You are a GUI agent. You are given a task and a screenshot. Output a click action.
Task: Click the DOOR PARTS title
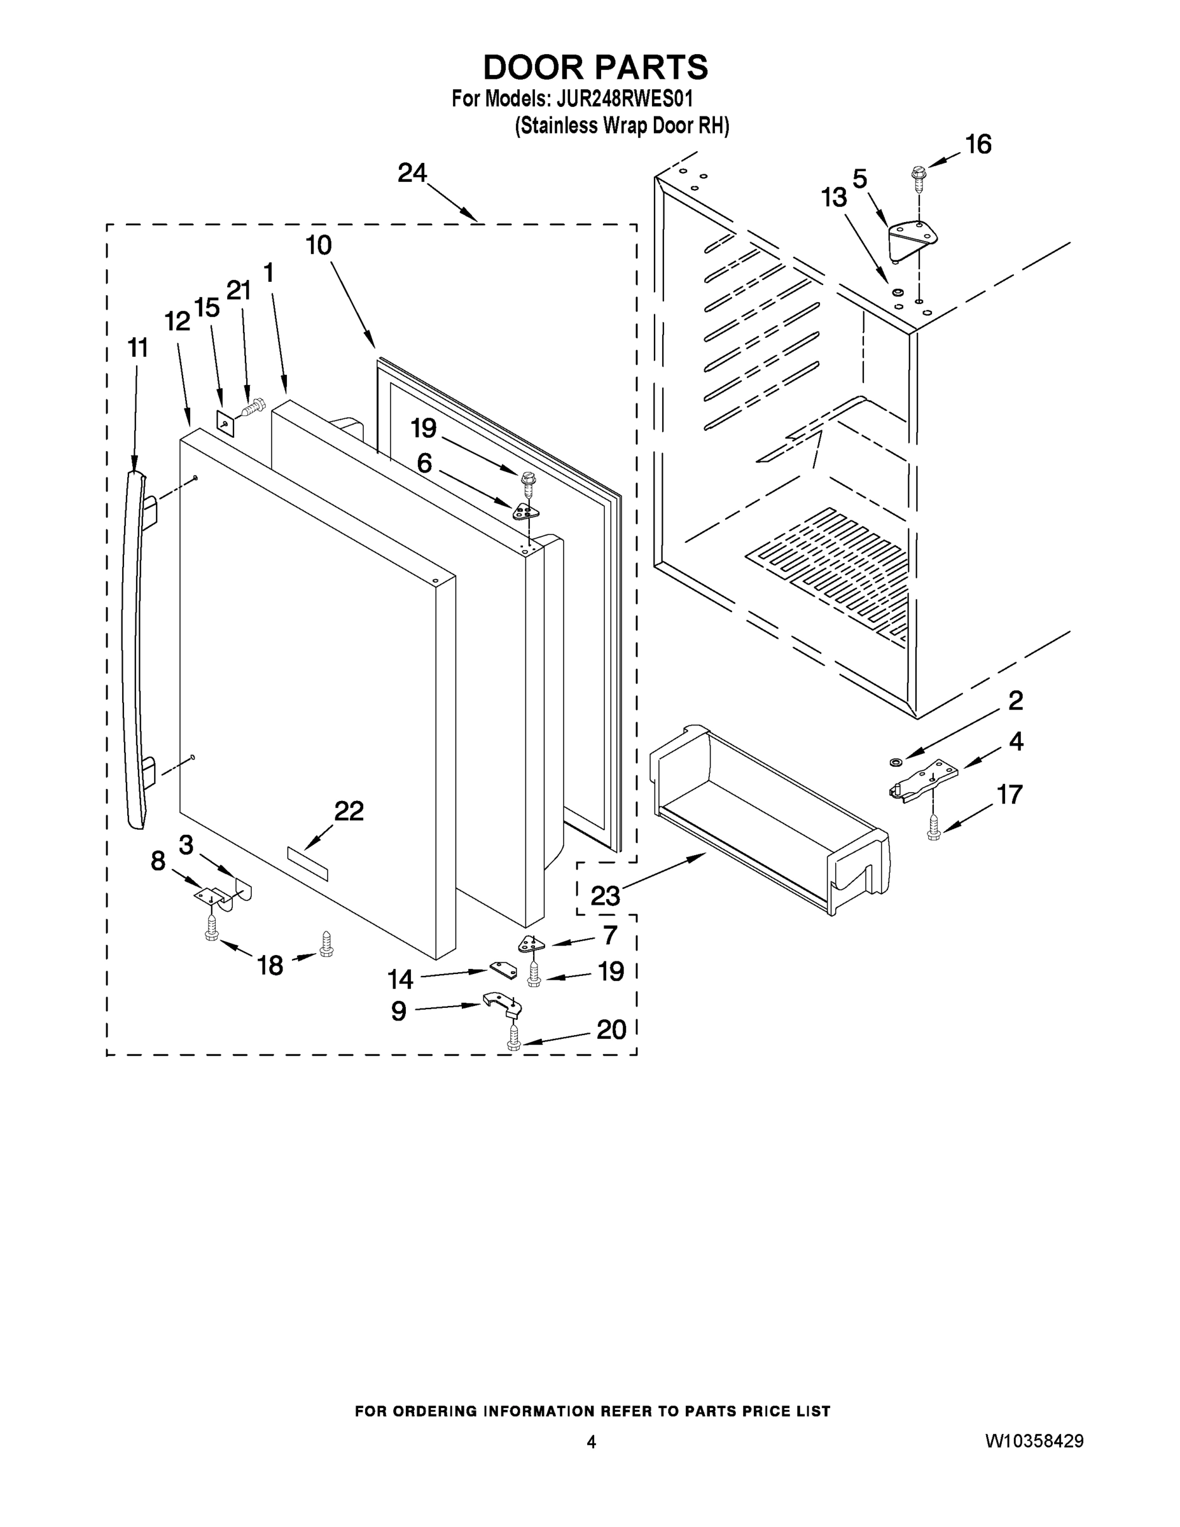click(595, 68)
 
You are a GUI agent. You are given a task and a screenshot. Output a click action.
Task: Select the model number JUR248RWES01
click(624, 99)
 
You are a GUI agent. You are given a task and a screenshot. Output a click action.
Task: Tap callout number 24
click(412, 172)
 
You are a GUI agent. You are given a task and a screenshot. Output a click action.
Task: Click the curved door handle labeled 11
click(134, 650)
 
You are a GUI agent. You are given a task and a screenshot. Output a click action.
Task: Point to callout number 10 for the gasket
click(319, 246)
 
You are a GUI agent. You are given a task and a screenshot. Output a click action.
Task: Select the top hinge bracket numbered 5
click(912, 239)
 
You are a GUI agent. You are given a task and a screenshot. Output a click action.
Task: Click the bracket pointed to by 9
click(501, 1004)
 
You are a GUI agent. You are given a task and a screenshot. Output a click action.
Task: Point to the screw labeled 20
click(515, 1041)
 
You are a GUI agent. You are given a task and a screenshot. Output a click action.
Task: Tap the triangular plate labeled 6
click(525, 512)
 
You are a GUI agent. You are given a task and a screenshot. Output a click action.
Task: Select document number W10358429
click(1034, 1440)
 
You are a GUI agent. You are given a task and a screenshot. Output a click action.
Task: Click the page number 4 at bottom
click(591, 1442)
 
